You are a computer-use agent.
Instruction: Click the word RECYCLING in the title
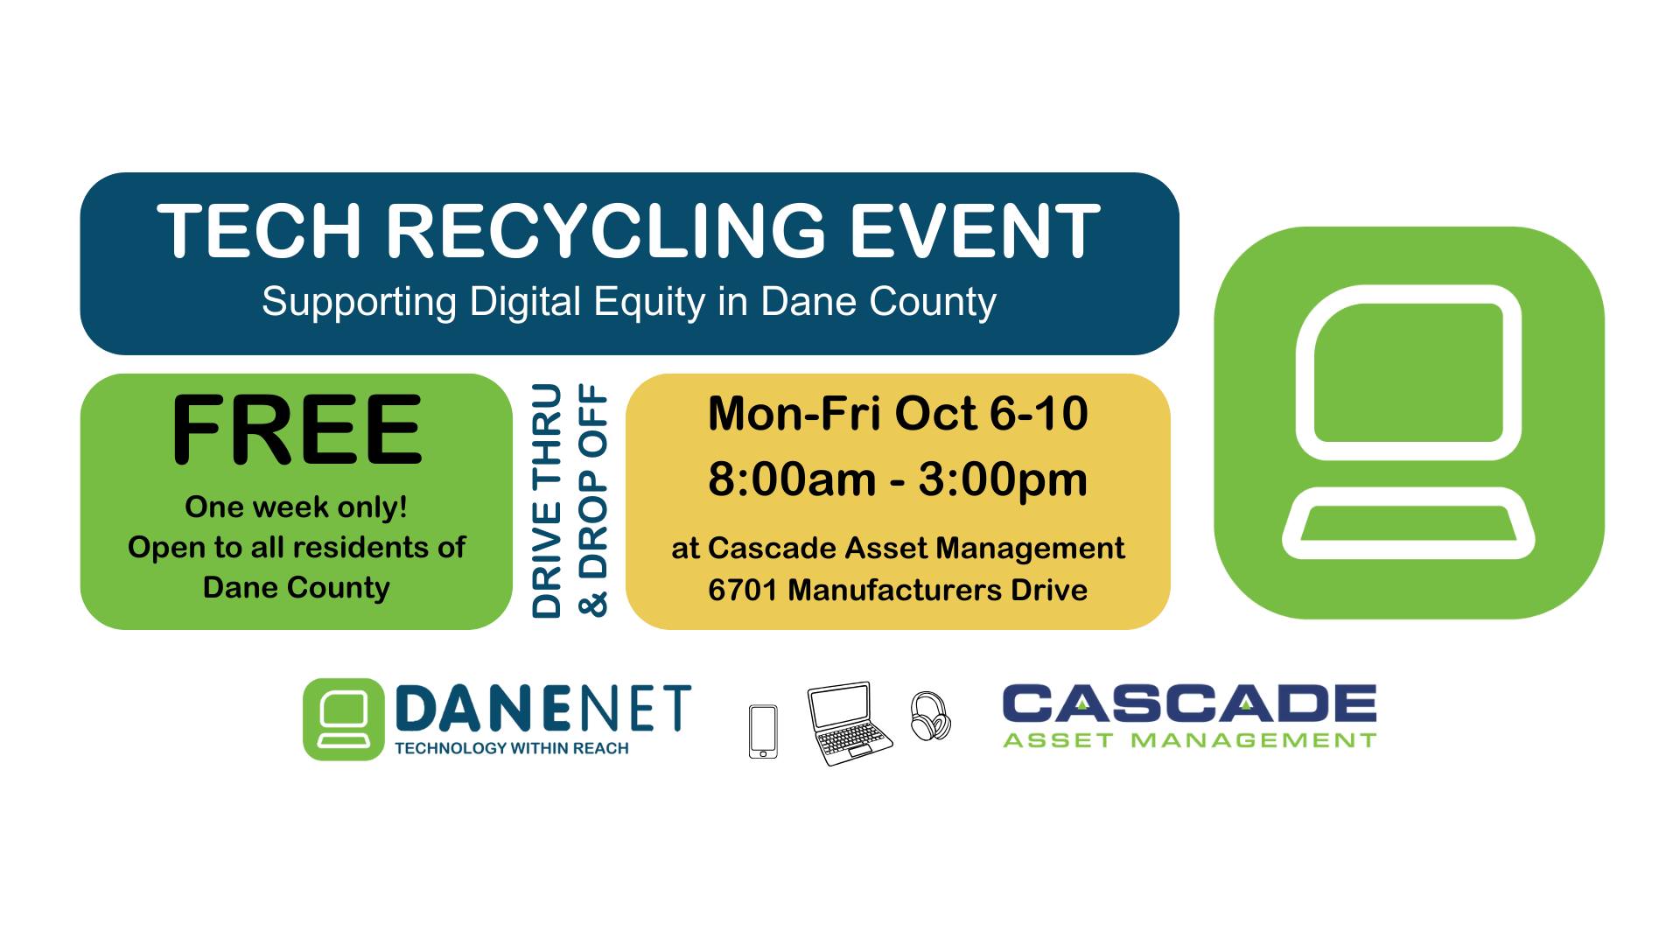(606, 231)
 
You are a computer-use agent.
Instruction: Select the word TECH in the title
(260, 231)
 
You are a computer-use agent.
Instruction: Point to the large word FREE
(297, 430)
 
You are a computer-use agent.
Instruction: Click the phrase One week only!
(296, 507)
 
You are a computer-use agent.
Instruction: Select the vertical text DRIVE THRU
(547, 500)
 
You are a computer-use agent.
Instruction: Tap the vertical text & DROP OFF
(593, 500)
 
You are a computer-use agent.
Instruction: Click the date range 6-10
(1039, 413)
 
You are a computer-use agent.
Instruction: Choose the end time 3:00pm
(1004, 480)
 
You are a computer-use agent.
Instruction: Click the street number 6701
(742, 590)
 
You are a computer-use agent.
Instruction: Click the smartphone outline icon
(763, 731)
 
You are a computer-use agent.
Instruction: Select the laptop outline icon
(848, 724)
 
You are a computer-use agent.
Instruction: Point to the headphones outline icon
(930, 717)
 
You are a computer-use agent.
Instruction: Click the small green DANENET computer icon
(344, 719)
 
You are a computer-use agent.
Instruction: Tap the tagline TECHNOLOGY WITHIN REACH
(512, 748)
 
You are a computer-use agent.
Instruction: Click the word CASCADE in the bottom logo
(1189, 705)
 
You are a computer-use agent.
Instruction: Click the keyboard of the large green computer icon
(1409, 522)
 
